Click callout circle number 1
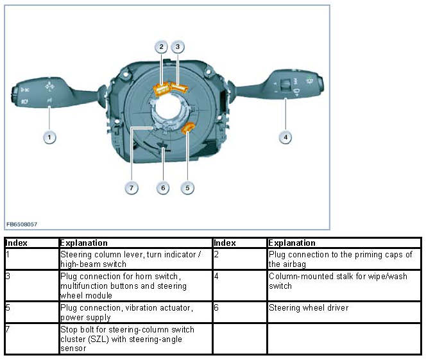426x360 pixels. click(x=49, y=137)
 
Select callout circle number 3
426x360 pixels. click(x=178, y=46)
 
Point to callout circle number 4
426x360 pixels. click(x=285, y=137)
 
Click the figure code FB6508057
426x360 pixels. click(x=22, y=224)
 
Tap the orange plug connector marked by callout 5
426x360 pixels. click(x=189, y=130)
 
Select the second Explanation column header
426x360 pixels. click(x=292, y=243)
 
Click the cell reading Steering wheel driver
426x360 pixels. click(x=309, y=308)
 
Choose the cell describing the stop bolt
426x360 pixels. click(x=134, y=338)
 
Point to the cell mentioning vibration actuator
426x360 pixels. click(x=134, y=313)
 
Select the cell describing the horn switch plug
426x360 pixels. click(x=134, y=286)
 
